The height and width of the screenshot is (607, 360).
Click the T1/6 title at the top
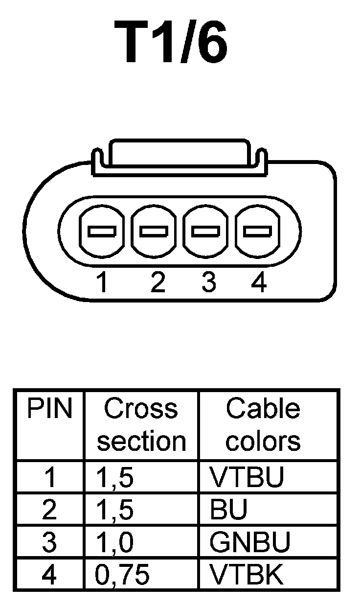[x=171, y=43]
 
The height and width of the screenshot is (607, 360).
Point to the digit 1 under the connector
[x=102, y=283]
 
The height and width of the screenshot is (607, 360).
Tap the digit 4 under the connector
[x=258, y=283]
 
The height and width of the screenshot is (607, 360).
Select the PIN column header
[x=49, y=409]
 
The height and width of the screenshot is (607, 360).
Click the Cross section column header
[x=141, y=425]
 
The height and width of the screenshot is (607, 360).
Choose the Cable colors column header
[x=263, y=425]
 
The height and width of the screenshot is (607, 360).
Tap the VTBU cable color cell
[x=247, y=478]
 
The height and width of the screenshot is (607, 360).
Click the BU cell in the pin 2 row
[x=228, y=510]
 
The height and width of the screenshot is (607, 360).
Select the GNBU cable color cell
[x=250, y=542]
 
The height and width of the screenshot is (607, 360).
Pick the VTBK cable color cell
[x=247, y=575]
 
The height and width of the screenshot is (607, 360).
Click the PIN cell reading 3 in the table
[x=49, y=542]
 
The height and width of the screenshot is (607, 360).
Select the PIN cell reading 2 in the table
[x=49, y=510]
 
